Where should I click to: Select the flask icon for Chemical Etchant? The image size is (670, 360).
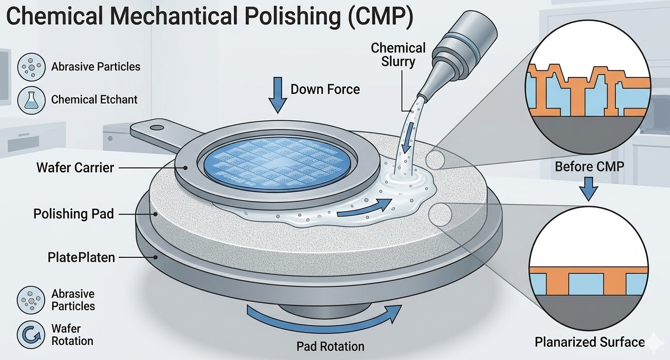31,99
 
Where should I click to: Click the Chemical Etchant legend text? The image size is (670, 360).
94,99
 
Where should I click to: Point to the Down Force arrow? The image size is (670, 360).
278,96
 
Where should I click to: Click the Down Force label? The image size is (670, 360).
325,89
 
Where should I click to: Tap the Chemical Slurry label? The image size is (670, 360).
398,55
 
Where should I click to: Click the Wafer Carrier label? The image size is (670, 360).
75,167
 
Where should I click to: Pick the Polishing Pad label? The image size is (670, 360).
74,214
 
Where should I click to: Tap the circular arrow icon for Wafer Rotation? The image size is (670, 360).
31,334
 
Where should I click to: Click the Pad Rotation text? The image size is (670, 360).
330,346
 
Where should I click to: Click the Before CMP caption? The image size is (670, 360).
589,166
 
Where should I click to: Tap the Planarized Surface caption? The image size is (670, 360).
589,342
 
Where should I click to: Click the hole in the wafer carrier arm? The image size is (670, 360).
157,128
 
